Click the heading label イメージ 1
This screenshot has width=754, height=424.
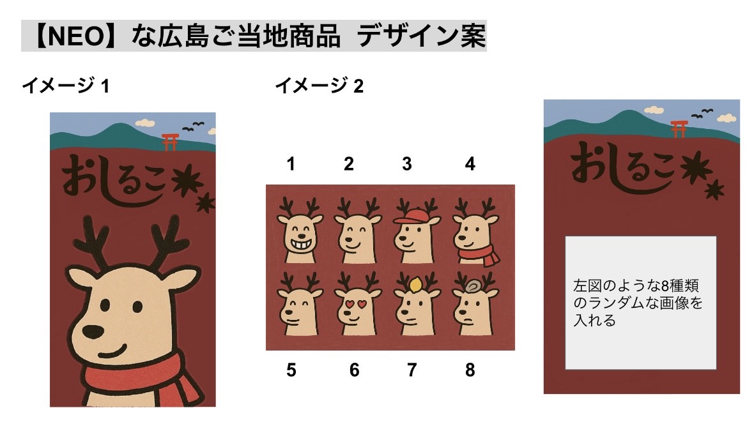point(66,86)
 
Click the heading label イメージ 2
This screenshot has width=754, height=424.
point(319,86)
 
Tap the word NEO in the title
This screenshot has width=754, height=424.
point(76,36)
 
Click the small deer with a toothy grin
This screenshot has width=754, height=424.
point(300,231)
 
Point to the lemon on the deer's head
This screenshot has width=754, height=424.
point(415,285)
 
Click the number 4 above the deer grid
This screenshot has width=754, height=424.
point(470,164)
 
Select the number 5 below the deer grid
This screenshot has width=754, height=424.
point(291,370)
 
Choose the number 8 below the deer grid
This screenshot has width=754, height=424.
point(470,370)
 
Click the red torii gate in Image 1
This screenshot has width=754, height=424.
point(170,142)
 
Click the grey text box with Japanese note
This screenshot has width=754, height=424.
point(640,303)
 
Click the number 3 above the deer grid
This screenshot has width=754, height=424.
point(407,164)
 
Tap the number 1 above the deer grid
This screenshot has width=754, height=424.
point(291,164)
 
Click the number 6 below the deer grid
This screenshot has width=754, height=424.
point(354,370)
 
